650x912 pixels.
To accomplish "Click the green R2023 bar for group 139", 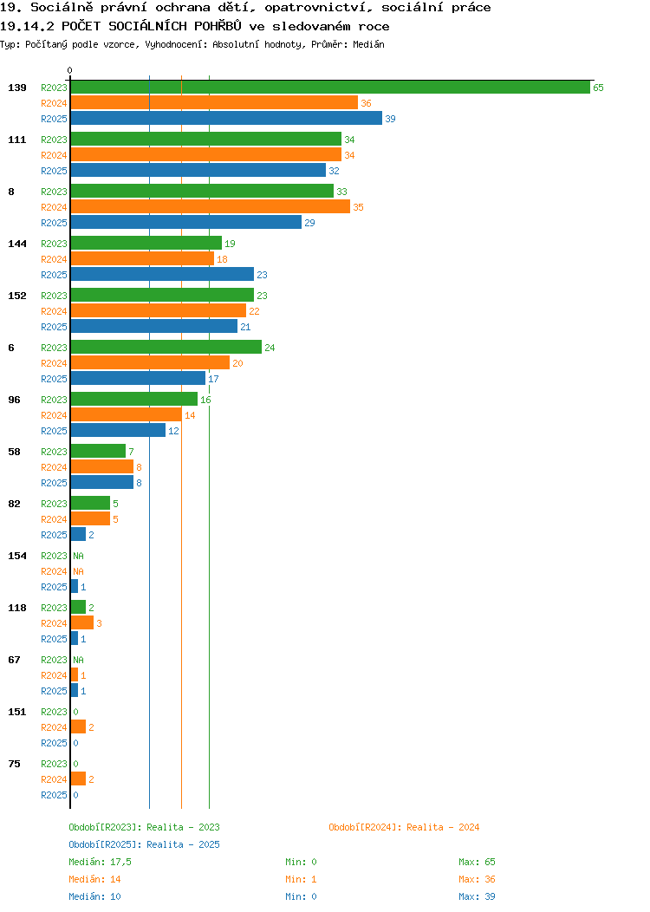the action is coord(330,88).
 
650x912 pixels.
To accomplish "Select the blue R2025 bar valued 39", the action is coord(226,119).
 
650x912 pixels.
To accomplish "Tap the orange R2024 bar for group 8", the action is coord(211,207).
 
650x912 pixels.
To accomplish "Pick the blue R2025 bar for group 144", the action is coord(162,275).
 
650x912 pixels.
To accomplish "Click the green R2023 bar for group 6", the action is coord(166,348).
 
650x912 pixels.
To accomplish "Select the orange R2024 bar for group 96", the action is coord(127,415).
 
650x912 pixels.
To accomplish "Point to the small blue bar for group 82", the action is coord(78,535).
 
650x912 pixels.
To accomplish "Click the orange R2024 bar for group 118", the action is coord(82,623).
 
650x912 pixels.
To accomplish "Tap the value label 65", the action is coord(598,88).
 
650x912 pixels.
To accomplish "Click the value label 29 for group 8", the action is coord(310,223).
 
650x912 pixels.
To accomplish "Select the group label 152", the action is coord(16,296).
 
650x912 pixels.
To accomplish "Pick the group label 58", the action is coord(14,452).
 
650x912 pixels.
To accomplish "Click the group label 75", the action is coord(14,764).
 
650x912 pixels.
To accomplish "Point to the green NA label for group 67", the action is coord(79,660).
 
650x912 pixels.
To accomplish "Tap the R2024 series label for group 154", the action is coord(54,572).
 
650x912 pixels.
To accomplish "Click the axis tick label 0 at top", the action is coord(70,70).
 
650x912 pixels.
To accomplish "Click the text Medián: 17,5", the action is coord(100,862).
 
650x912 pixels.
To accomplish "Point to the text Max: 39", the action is coord(477,896).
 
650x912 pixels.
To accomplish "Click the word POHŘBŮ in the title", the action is coord(218,26).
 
